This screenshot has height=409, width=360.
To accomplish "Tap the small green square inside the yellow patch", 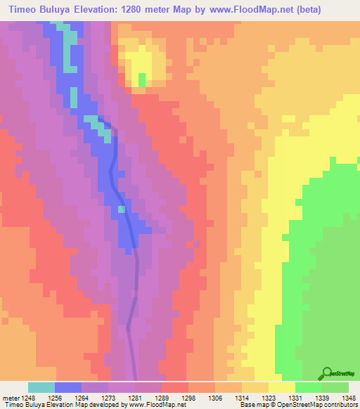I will click(x=142, y=79).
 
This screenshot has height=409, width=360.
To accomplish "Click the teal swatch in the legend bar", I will click(x=41, y=387).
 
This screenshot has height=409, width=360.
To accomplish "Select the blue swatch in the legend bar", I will click(x=67, y=387).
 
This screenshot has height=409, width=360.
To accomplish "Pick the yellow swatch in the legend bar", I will click(x=281, y=387).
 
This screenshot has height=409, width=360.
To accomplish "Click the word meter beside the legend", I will click(x=10, y=397).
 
